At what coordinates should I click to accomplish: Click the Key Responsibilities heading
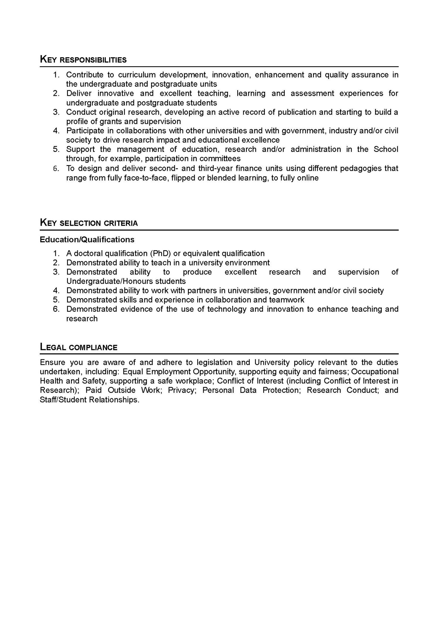tap(83, 60)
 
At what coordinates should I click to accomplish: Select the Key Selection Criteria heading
tap(89, 223)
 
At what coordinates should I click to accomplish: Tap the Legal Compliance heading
tap(79, 347)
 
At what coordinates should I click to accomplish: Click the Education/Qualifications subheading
tap(87, 240)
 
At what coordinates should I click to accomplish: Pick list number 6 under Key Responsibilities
tap(56, 169)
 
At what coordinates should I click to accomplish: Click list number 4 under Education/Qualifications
tap(56, 291)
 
